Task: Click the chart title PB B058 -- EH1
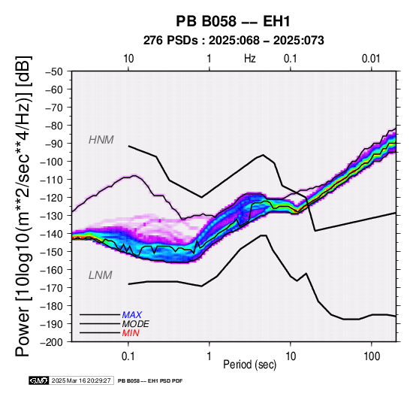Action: (233, 21)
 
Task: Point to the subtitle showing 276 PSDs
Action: (234, 41)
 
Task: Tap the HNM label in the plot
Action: (101, 140)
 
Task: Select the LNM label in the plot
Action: (101, 275)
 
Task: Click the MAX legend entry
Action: (132, 315)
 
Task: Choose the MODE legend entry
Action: (136, 324)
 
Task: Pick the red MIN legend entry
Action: (131, 333)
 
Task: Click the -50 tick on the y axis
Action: (54, 71)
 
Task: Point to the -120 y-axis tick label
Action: (52, 198)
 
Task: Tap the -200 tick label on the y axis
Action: (52, 342)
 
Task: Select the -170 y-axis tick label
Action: (52, 288)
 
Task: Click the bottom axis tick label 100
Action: (372, 356)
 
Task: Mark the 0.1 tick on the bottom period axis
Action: (128, 356)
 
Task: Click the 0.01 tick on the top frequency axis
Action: (371, 59)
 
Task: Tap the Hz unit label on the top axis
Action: (250, 59)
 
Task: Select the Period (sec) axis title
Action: (249, 365)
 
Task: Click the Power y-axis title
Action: (23, 206)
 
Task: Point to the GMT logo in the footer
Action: (39, 380)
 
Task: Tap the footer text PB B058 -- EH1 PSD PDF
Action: (150, 381)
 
